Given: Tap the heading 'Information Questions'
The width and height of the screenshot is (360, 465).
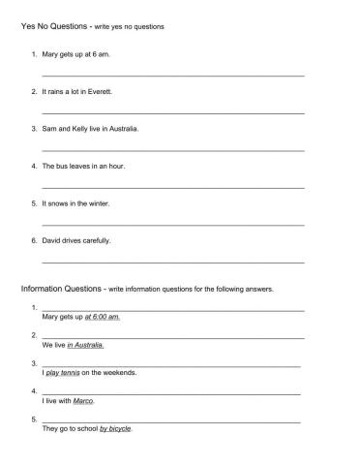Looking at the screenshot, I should click(63, 289).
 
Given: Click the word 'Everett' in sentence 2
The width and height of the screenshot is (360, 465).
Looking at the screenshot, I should click(102, 91).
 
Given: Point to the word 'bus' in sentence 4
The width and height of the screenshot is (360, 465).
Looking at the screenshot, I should click(64, 166).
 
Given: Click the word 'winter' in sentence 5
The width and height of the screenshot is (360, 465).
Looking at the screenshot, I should click(98, 203).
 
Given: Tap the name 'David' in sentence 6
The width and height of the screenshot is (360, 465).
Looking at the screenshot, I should click(52, 240).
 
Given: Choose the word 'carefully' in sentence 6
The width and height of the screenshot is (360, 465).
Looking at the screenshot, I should click(97, 240).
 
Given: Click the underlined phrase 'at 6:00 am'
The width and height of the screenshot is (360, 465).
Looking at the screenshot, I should click(103, 317).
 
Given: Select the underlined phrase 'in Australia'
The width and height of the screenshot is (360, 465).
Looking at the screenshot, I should click(87, 345).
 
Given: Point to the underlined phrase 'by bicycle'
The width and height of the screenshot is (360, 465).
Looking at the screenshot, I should click(115, 429).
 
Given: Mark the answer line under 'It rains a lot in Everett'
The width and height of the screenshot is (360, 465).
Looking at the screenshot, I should click(173, 112).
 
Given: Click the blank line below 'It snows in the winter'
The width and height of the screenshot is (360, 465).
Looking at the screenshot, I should click(173, 224).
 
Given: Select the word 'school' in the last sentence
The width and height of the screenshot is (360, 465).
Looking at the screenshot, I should click(86, 429).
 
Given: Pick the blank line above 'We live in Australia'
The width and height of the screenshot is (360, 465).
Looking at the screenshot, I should click(173, 336).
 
